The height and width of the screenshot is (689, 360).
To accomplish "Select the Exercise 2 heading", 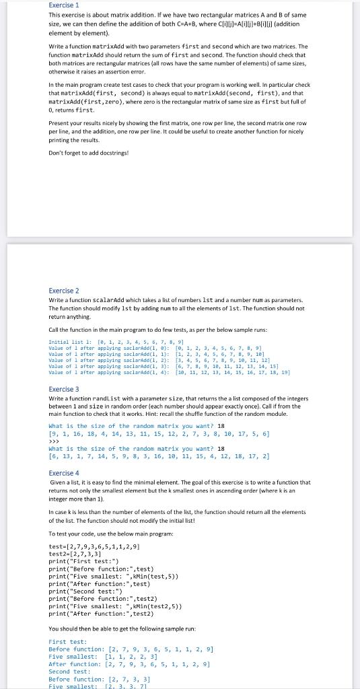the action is pyautogui.click(x=64, y=291).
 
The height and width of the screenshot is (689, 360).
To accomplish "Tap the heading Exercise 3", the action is pyautogui.click(x=64, y=389).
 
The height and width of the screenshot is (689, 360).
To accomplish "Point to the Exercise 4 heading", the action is pyautogui.click(x=64, y=473).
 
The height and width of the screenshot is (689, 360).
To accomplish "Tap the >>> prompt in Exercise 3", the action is pyautogui.click(x=53, y=442).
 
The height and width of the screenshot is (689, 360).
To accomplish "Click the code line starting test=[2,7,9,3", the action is pyautogui.click(x=95, y=546).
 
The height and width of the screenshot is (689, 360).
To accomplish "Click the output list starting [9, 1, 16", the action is pyautogui.click(x=159, y=435).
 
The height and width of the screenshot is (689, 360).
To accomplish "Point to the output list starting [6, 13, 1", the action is pyautogui.click(x=159, y=456).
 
